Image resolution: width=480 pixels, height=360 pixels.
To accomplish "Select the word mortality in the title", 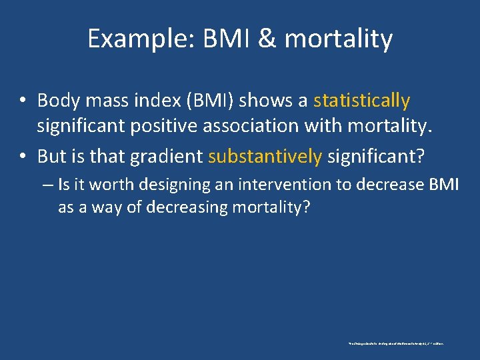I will [338, 39].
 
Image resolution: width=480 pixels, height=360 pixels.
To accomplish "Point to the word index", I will [147, 101].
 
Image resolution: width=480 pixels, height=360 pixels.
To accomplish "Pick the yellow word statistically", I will [361, 101].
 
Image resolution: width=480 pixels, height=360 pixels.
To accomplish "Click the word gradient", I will [166, 156].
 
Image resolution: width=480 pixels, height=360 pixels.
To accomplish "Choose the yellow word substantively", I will [265, 156].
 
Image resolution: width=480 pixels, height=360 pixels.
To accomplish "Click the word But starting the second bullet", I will [51, 156].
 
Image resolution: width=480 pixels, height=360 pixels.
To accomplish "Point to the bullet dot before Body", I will [22, 101].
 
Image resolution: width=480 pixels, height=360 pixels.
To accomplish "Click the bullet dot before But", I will [22, 157].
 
